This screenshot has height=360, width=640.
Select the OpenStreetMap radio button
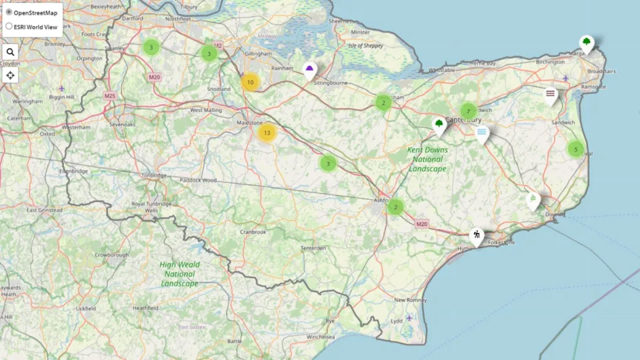pyautogui.click(x=9, y=12)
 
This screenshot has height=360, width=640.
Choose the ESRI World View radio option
pyautogui.click(x=9, y=27)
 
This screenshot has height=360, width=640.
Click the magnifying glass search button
pyautogui.click(x=10, y=52)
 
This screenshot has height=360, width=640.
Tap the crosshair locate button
pyautogui.click(x=10, y=75)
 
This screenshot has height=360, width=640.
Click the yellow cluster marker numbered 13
pyautogui.click(x=267, y=133)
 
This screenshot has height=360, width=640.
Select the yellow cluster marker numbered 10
pyautogui.click(x=250, y=83)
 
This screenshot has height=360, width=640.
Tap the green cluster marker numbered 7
pyautogui.click(x=469, y=111)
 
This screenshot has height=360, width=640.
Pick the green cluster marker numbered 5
pyautogui.click(x=575, y=149)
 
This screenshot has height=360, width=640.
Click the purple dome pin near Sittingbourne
pyautogui.click(x=310, y=69)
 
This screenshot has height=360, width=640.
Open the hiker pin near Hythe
pyautogui.click(x=476, y=235)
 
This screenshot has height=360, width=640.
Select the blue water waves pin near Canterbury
pyautogui.click(x=481, y=133)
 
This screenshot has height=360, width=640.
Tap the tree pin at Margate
pyautogui.click(x=586, y=43)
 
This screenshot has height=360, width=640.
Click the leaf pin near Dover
pyautogui.click(x=533, y=199)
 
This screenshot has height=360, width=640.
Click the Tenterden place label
pyautogui.click(x=313, y=248)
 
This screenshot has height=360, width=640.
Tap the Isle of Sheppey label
pyautogui.click(x=365, y=46)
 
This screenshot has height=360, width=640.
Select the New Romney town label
pyautogui.click(x=410, y=300)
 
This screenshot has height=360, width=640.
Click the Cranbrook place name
pyautogui.click(x=253, y=232)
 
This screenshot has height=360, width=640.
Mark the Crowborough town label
pyautogui.click(x=111, y=255)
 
